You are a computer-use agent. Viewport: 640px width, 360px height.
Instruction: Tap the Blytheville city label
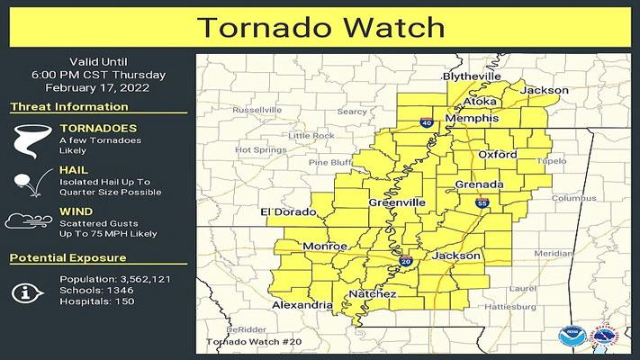coord(471,76)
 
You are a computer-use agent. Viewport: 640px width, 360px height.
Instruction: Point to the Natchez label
coord(366,294)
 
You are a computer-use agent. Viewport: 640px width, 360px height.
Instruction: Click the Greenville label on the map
coord(397,203)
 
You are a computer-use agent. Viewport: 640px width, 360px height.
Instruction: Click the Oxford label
coord(497,155)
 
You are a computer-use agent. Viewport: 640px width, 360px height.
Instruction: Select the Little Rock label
coord(311,136)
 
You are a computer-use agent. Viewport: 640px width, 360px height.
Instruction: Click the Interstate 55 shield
coord(484,204)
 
